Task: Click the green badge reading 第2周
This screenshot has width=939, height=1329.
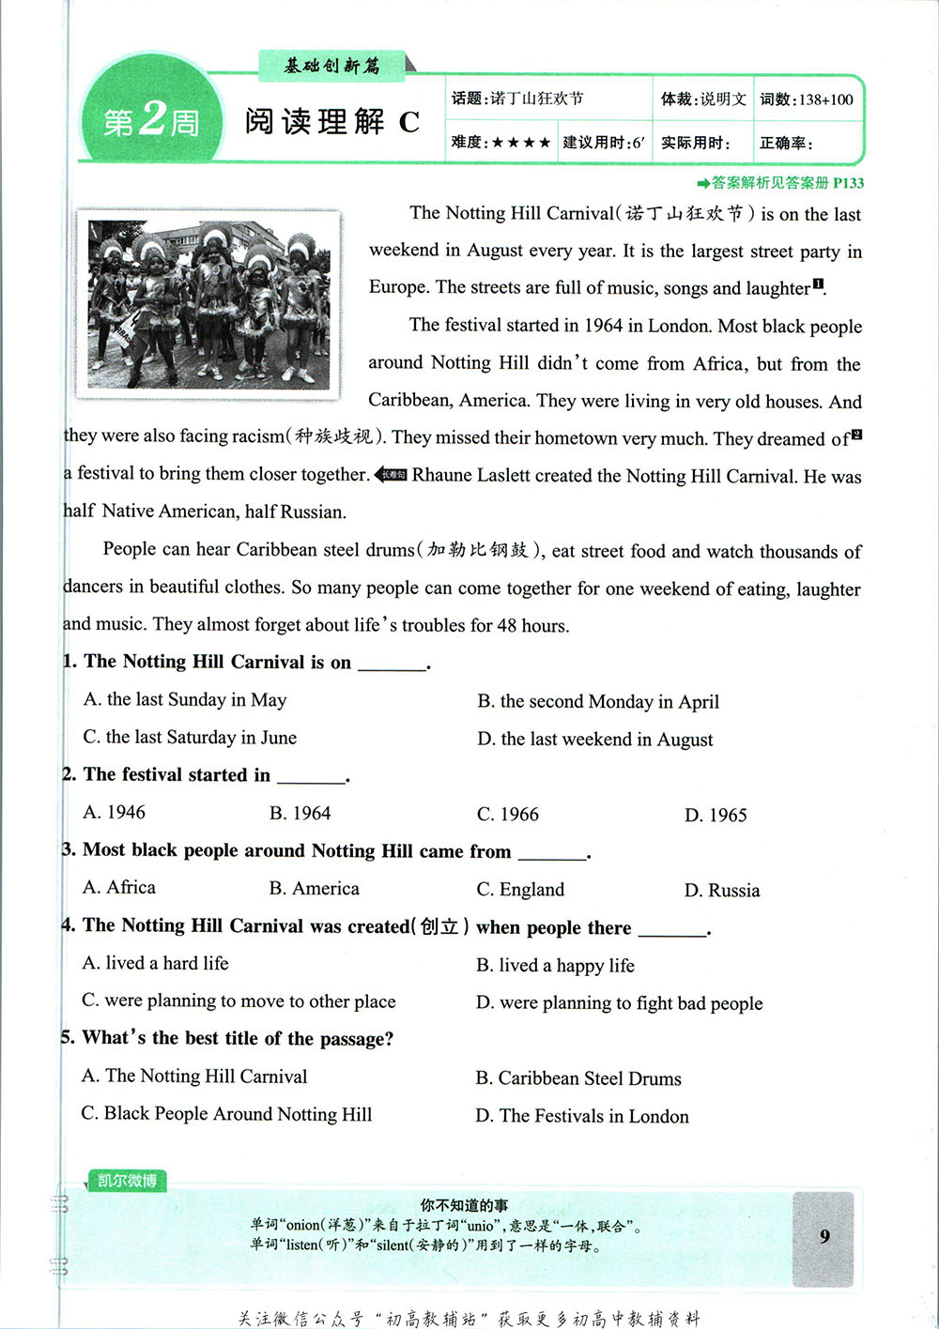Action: [150, 120]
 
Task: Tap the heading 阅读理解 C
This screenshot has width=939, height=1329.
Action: [331, 122]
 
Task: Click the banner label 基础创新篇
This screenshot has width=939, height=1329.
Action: [332, 66]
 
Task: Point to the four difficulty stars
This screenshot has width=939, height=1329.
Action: [521, 143]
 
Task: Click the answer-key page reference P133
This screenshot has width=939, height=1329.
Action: [848, 183]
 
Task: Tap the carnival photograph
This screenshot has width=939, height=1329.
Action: [208, 300]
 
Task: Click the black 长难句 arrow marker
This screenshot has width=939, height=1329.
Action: [391, 475]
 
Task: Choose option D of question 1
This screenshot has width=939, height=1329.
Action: [594, 740]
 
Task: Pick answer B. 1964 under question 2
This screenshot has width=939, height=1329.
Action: [300, 813]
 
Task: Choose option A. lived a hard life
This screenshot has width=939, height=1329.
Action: [155, 963]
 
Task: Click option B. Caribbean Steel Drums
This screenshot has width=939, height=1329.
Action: [578, 1078]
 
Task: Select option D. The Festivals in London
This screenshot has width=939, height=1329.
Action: [582, 1116]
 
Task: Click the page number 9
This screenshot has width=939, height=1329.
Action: [824, 1235]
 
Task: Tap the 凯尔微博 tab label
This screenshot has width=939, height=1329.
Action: [127, 1181]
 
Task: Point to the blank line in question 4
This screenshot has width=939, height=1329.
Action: [670, 929]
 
